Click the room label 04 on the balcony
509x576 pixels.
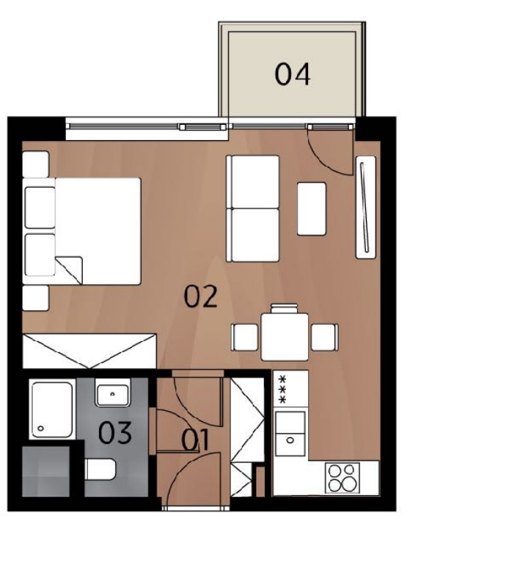point(293,75)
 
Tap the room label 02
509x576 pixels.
point(200,297)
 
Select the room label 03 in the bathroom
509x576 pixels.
point(115,433)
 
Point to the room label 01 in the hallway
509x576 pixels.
point(196,440)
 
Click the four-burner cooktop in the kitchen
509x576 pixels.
point(343,478)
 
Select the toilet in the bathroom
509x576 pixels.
point(100,469)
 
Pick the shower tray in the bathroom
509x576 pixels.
point(52,409)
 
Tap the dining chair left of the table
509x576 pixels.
point(244,338)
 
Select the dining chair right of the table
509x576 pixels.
point(325,338)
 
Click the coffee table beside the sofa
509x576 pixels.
point(312,208)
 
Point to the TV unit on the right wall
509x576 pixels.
point(366,207)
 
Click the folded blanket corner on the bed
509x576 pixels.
point(69,270)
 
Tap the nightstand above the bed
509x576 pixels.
point(36,164)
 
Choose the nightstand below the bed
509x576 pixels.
point(36,298)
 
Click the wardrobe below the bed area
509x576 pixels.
point(89,351)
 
